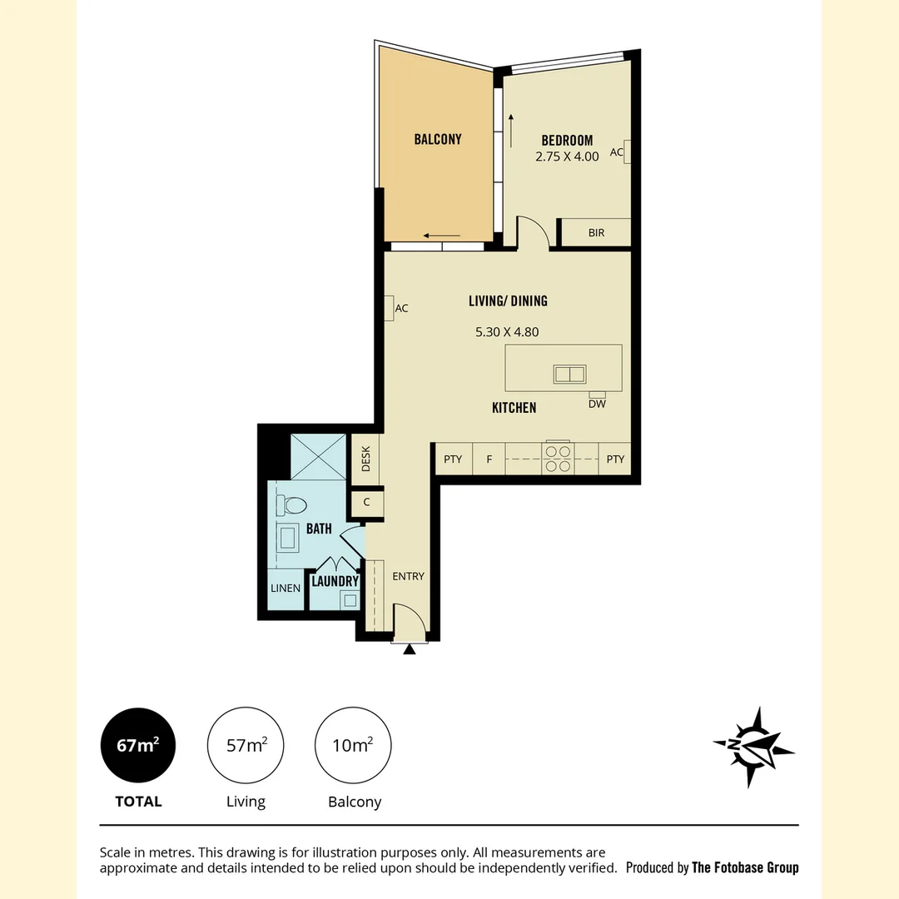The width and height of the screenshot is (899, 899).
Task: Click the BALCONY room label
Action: click(x=438, y=139)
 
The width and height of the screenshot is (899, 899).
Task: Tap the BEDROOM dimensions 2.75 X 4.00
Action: click(x=567, y=156)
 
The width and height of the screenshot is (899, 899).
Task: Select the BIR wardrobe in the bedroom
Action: click(x=595, y=232)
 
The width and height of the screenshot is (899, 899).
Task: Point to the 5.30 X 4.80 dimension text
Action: click(x=507, y=332)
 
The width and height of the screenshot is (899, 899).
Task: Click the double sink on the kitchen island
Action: click(x=569, y=374)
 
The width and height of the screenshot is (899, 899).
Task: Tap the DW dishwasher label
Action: click(x=597, y=404)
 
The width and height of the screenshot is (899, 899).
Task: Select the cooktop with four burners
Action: click(x=558, y=458)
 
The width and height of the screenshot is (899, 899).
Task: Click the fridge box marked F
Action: click(x=489, y=459)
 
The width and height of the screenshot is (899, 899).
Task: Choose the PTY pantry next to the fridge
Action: click(x=453, y=459)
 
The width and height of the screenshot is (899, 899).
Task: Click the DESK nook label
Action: click(x=365, y=459)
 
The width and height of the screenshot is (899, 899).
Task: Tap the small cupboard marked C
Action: click(x=366, y=502)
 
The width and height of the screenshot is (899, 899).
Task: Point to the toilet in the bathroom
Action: click(x=291, y=505)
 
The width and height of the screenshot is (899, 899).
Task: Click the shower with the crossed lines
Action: click(x=318, y=457)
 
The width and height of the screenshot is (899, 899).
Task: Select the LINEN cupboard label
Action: click(x=286, y=589)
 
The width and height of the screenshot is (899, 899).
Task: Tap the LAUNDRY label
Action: click(x=335, y=581)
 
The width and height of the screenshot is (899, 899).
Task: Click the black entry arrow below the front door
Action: click(x=409, y=649)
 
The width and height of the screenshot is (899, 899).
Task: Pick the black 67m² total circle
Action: click(x=138, y=745)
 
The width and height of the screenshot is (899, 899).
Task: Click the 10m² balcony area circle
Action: click(x=353, y=745)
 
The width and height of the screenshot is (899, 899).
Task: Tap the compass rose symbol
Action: click(x=753, y=747)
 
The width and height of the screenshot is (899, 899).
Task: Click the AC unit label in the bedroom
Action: click(x=616, y=152)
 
